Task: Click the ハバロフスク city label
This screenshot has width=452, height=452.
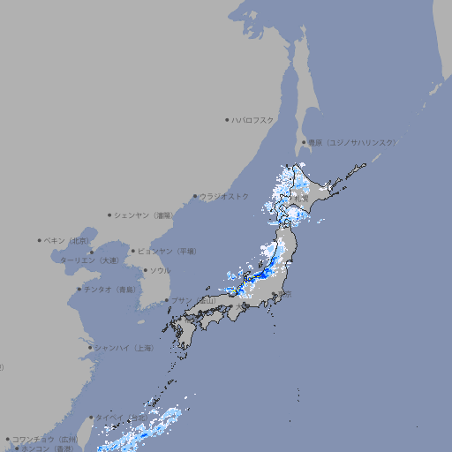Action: [x=253, y=120]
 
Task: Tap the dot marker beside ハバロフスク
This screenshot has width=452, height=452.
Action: [x=227, y=120]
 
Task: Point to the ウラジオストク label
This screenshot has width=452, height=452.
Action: [x=224, y=196]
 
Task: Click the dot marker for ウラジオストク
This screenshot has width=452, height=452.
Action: [x=195, y=197]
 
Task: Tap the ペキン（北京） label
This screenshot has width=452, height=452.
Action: [x=67, y=240]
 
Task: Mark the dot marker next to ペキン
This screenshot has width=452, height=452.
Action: [x=40, y=240]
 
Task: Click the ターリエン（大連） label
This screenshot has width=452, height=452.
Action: [x=88, y=260]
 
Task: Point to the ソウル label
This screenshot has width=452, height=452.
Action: [x=160, y=270]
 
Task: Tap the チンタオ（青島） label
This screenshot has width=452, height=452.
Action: [x=109, y=290]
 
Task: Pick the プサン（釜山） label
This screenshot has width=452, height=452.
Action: [x=193, y=301]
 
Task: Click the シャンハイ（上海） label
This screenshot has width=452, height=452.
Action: [x=124, y=348]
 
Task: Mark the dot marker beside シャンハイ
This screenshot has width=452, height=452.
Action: [x=90, y=348]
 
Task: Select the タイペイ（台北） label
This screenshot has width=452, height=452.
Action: [x=122, y=418]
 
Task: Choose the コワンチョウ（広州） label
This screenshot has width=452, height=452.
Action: [x=44, y=439]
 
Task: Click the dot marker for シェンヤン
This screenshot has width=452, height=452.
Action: [x=109, y=215]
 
